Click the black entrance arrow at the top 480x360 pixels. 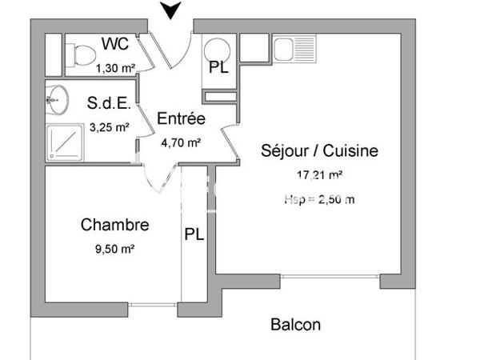point(170,10)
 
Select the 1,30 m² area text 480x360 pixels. point(114,68)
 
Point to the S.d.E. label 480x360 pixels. point(108,102)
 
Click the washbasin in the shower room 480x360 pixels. point(56,100)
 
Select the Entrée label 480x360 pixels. point(181,119)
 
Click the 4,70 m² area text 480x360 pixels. point(181,143)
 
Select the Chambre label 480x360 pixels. point(115,225)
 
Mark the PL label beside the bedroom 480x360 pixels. point(194,234)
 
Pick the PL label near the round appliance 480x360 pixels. point(218,68)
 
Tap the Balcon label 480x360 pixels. point(295,325)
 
